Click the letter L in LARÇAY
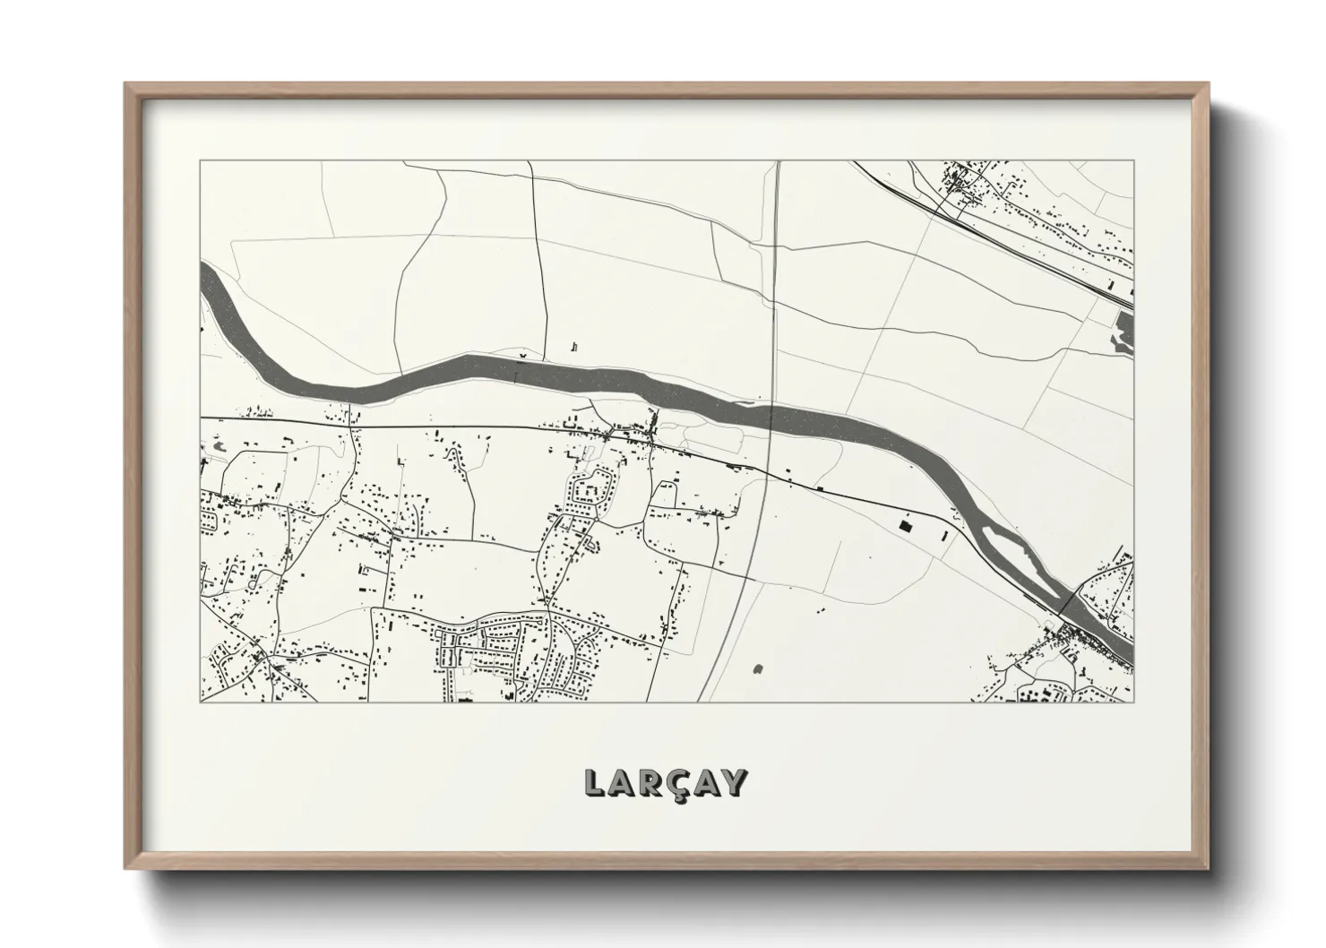click(x=594, y=783)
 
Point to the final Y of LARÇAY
click(x=734, y=783)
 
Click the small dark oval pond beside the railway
click(x=759, y=668)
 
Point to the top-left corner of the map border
click(x=201, y=161)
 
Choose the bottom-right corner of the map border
click(x=1133, y=702)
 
